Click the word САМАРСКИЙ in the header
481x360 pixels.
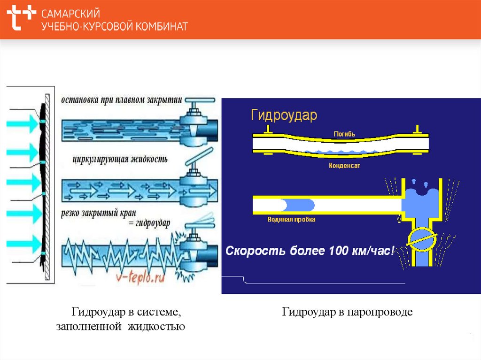pos(70,14)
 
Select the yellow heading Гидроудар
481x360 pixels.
pos(284,115)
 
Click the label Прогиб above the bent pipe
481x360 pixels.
pos(344,134)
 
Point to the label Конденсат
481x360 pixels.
pos(344,166)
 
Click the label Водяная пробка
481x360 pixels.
pos(291,219)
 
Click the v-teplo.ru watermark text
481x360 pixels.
pos(140,278)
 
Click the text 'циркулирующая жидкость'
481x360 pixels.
pos(120,159)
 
